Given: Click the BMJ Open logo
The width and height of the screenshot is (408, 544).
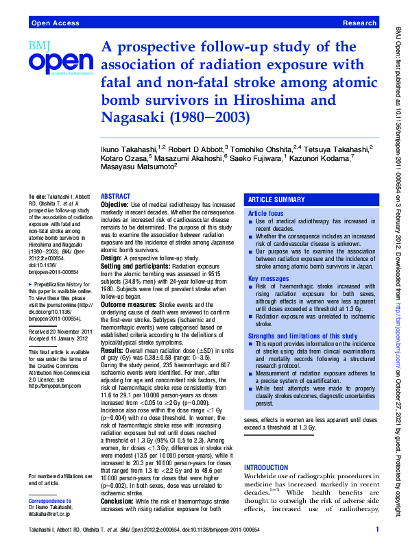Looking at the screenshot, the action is click(59, 59).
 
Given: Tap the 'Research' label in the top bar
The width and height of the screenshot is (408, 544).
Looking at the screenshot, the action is click(359, 23).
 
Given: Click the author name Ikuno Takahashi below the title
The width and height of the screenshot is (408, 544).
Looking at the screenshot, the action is click(130, 148).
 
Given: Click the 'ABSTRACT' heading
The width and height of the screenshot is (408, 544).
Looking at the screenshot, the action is click(115, 196).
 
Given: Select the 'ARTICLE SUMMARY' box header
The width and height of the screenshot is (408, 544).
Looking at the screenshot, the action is click(276, 199).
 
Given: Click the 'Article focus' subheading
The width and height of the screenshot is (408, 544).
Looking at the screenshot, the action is click(265, 214).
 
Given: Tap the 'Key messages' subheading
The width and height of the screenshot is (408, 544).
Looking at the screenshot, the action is click(267, 278).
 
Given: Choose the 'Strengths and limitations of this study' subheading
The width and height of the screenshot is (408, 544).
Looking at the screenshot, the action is click(302, 336).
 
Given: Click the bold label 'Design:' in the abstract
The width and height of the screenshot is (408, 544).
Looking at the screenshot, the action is click(112, 258).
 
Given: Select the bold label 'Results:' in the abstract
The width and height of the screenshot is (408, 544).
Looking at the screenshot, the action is click(112, 350).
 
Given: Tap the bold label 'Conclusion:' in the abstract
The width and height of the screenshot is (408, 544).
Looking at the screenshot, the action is click(117, 500).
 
